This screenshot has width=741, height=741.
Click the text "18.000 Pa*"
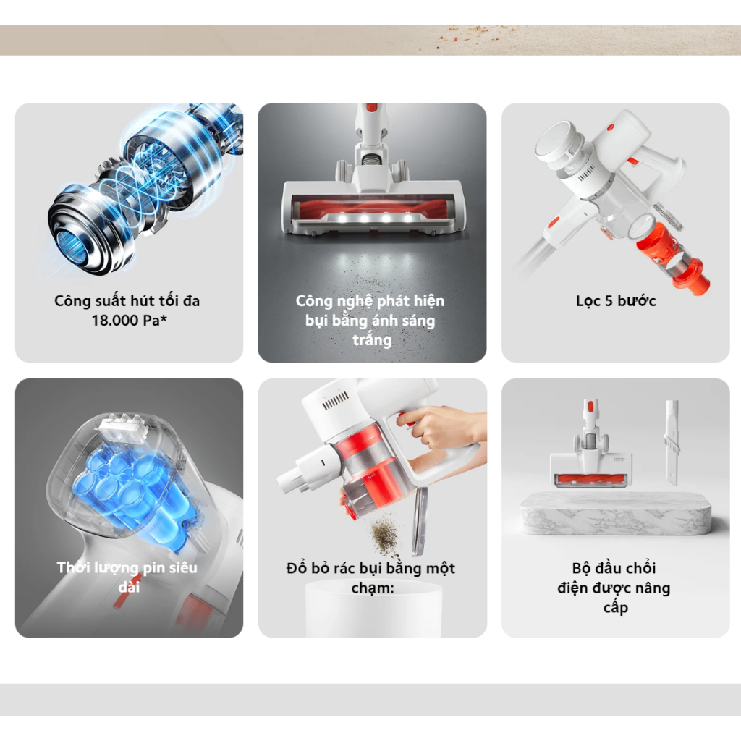pyautogui.click(x=129, y=321)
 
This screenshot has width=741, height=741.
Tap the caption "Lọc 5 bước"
pyautogui.click(x=616, y=301)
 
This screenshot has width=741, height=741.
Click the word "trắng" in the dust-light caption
pyautogui.click(x=372, y=340)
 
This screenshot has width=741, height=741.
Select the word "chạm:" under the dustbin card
pyautogui.click(x=373, y=588)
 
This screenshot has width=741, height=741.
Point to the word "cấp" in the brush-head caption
pyautogui.click(x=615, y=608)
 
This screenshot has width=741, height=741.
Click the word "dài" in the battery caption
pyautogui.click(x=129, y=588)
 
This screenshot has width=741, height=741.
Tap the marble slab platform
pyautogui.click(x=615, y=513)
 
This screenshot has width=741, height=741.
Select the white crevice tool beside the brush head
pyautogui.click(x=672, y=442)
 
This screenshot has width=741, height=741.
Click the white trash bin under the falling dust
pyautogui.click(x=373, y=609)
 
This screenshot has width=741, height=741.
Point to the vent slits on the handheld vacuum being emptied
pyautogui.click(x=336, y=401)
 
